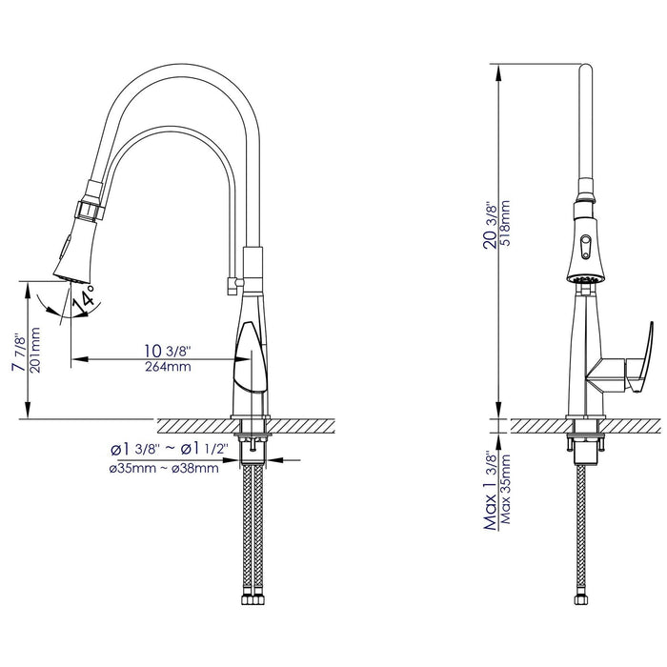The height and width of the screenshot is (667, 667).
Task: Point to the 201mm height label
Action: (x=35, y=351)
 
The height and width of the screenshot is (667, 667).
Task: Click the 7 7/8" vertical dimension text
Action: (x=17, y=350)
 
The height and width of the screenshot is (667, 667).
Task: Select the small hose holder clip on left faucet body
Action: (x=230, y=282)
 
